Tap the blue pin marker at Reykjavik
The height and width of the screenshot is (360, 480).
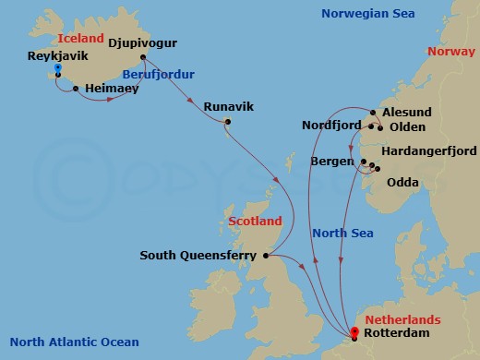click(x=57, y=69)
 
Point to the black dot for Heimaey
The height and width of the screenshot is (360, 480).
click(x=76, y=90)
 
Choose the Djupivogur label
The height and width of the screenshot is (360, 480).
click(x=142, y=43)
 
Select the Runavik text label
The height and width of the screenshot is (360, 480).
click(x=226, y=106)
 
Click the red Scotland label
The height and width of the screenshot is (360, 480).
click(x=255, y=222)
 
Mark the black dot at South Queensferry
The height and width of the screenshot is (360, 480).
click(x=266, y=255)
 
